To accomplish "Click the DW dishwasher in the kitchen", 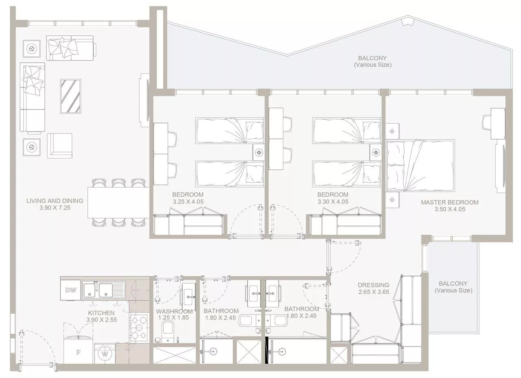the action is [70, 290].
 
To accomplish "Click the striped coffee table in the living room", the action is [70, 96].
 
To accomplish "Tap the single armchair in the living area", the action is [59, 146].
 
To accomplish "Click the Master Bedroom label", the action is [450, 202].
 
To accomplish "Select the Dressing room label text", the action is [373, 285].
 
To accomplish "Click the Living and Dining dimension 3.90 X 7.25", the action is [55, 208].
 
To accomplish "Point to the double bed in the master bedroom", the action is [420, 166].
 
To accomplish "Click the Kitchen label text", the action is [101, 313].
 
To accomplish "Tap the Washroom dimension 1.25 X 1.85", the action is [173, 317].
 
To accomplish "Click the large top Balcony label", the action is [372, 58].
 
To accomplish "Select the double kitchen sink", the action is [104, 290].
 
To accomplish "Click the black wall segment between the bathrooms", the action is [267, 350].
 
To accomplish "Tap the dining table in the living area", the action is [118, 203].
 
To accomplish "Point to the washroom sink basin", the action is [188, 297].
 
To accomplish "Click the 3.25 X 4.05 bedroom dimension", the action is [188, 201].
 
